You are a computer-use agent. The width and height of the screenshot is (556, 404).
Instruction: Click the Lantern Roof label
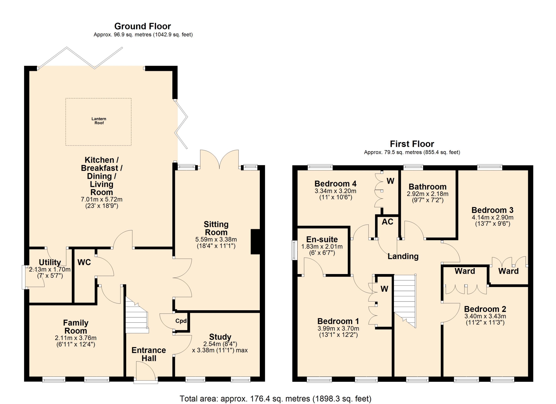point(99,121)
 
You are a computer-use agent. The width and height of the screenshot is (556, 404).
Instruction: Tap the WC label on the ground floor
point(84,262)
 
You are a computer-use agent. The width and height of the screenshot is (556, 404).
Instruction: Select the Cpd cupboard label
point(181,321)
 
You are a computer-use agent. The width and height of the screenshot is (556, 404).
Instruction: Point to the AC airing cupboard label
point(387,222)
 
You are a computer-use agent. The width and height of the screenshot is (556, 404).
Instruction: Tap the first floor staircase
point(405,301)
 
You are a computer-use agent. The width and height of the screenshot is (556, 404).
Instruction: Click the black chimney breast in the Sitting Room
point(255,242)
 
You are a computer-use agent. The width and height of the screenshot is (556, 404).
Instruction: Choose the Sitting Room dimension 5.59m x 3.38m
point(216,240)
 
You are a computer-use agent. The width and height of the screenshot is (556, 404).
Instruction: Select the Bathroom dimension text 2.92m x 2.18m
point(427,194)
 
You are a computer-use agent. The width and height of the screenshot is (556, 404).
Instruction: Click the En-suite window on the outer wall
point(295,250)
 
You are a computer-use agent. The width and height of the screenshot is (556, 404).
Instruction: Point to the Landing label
point(403,256)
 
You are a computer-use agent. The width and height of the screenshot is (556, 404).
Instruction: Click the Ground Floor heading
point(142,26)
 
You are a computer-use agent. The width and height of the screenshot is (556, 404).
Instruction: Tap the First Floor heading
point(412,144)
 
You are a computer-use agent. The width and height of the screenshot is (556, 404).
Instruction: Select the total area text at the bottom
point(275,399)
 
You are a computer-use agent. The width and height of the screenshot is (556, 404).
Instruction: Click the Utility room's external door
point(24,277)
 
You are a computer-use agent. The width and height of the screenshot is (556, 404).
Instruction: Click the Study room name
point(220,337)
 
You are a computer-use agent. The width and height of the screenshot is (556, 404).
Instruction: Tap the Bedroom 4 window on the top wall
point(320,167)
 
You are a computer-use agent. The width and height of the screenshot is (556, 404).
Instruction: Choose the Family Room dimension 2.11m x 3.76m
point(76,338)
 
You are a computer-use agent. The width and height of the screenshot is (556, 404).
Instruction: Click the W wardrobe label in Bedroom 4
point(390,181)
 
